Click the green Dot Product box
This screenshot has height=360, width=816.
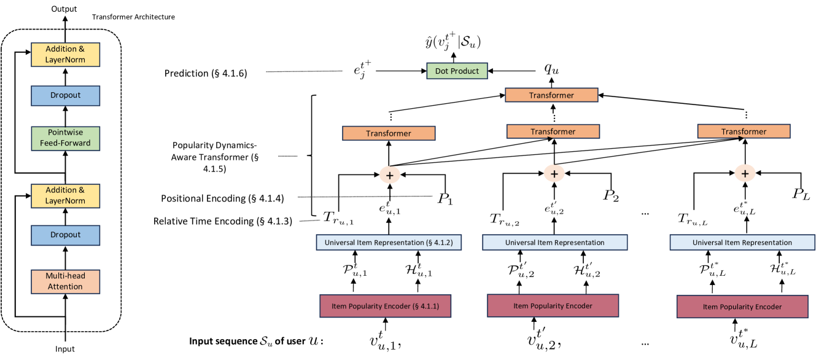pyautogui.click(x=457, y=71)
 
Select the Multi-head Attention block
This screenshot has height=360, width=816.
pyautogui.click(x=65, y=281)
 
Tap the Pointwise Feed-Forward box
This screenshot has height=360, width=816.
pyautogui.click(x=65, y=138)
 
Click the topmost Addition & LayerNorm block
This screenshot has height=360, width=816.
pyautogui.click(x=65, y=55)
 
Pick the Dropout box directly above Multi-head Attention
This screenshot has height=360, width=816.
pyautogui.click(x=65, y=235)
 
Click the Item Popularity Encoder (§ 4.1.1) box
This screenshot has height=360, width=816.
pyautogui.click(x=385, y=306)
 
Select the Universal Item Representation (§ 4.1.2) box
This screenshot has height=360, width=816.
pyautogui.click(x=389, y=243)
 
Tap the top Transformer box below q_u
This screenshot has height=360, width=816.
pyautogui.click(x=551, y=95)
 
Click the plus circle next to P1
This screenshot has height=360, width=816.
pyautogui.click(x=389, y=175)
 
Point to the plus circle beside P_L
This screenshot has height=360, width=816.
pyautogui.click(x=745, y=173)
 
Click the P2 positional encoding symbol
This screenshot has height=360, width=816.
pyautogui.click(x=611, y=196)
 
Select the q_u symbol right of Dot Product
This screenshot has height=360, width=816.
pyautogui.click(x=551, y=69)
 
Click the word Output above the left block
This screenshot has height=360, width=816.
pyautogui.click(x=64, y=9)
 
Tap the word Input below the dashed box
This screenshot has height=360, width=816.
pyautogui.click(x=65, y=349)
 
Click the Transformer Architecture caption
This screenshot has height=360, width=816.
pyautogui.click(x=133, y=17)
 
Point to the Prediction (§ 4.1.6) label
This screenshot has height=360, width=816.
pyautogui.click(x=206, y=73)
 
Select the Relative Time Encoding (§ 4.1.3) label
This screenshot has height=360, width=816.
pyautogui.click(x=223, y=221)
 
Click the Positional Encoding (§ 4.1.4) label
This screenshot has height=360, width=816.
pyautogui.click(x=222, y=198)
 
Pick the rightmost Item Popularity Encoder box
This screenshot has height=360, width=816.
pyautogui.click(x=742, y=307)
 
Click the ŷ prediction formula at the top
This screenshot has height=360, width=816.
pyautogui.click(x=453, y=41)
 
